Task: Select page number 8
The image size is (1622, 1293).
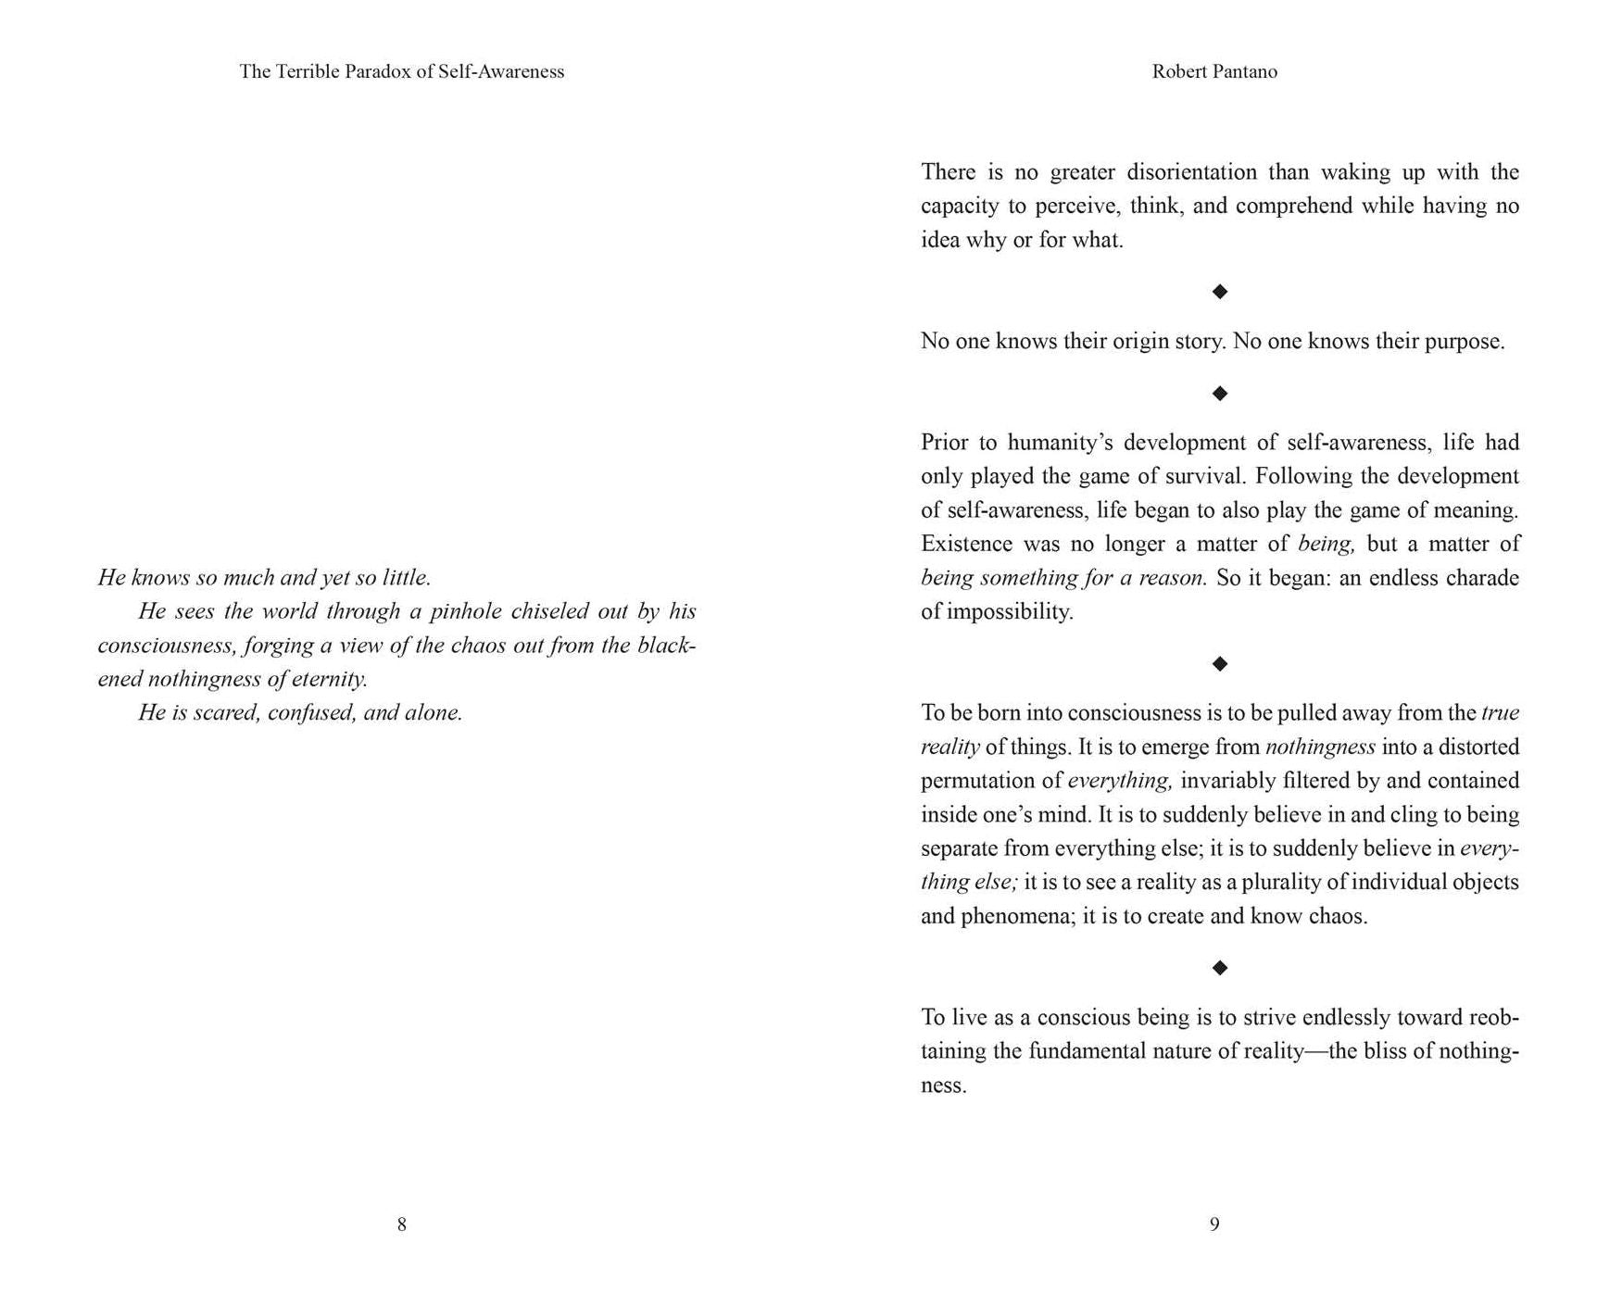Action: (x=401, y=1224)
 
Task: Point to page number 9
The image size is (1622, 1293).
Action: (x=1214, y=1224)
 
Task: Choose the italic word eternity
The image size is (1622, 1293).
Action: (x=330, y=679)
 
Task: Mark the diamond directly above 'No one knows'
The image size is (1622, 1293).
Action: (x=1220, y=292)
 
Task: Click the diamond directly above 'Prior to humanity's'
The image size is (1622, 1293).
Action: (x=1220, y=394)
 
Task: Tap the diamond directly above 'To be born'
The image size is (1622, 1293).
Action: (x=1220, y=663)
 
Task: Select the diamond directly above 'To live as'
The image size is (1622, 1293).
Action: (x=1220, y=968)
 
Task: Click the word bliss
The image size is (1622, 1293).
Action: (x=1382, y=1051)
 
